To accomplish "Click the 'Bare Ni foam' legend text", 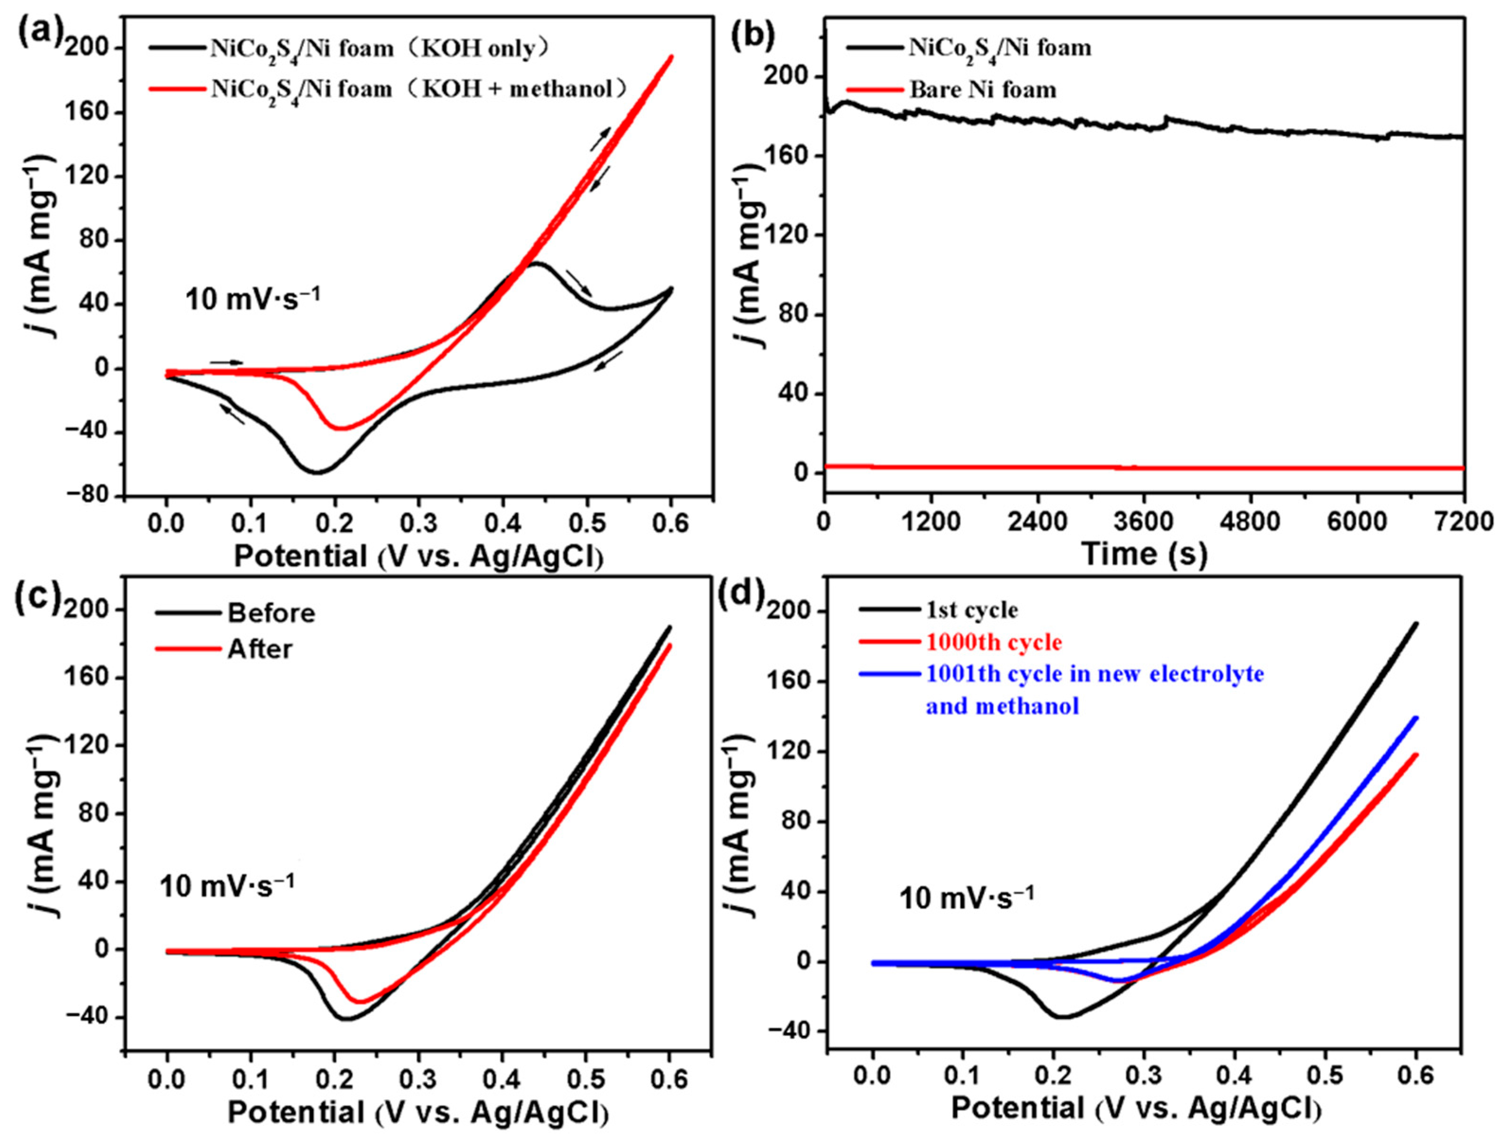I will coord(983,89).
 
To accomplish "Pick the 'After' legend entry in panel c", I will coord(260,649).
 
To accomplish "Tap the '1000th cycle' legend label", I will coord(994,642).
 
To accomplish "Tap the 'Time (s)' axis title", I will coord(1144,553).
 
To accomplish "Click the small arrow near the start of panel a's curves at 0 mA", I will coord(226,362).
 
